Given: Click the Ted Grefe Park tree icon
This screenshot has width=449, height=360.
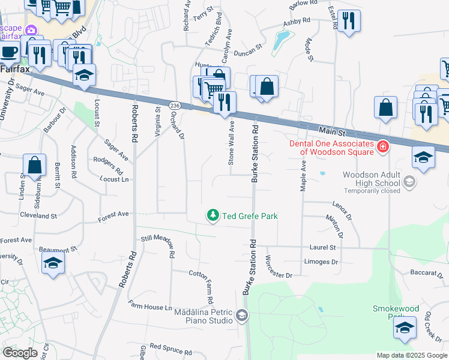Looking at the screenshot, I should click(212, 215).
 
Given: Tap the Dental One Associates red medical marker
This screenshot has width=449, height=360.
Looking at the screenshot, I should click(382, 146).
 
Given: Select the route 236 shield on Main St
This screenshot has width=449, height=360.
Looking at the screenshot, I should click(175, 105).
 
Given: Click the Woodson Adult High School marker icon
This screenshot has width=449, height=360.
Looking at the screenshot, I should click(409, 181).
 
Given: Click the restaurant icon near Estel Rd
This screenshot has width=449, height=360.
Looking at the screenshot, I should click(349, 21).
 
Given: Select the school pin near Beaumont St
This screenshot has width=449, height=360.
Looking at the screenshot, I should click(53, 263).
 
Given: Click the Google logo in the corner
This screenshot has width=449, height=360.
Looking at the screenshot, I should click(20, 353).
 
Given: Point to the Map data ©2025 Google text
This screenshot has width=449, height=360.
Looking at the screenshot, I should click(412, 355).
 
